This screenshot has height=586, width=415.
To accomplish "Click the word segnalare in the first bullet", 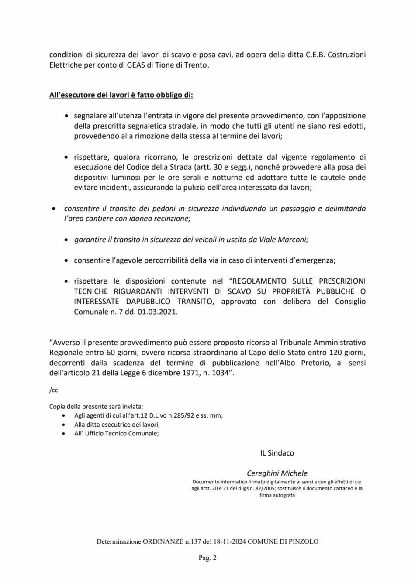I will [90, 116].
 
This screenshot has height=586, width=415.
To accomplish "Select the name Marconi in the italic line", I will [296, 240].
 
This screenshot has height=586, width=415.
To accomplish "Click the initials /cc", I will [53, 391].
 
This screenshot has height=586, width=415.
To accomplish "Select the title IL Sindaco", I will [277, 453].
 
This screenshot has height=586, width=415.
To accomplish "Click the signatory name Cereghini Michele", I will [277, 473].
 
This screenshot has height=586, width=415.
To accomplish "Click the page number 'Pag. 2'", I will [207, 557].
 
